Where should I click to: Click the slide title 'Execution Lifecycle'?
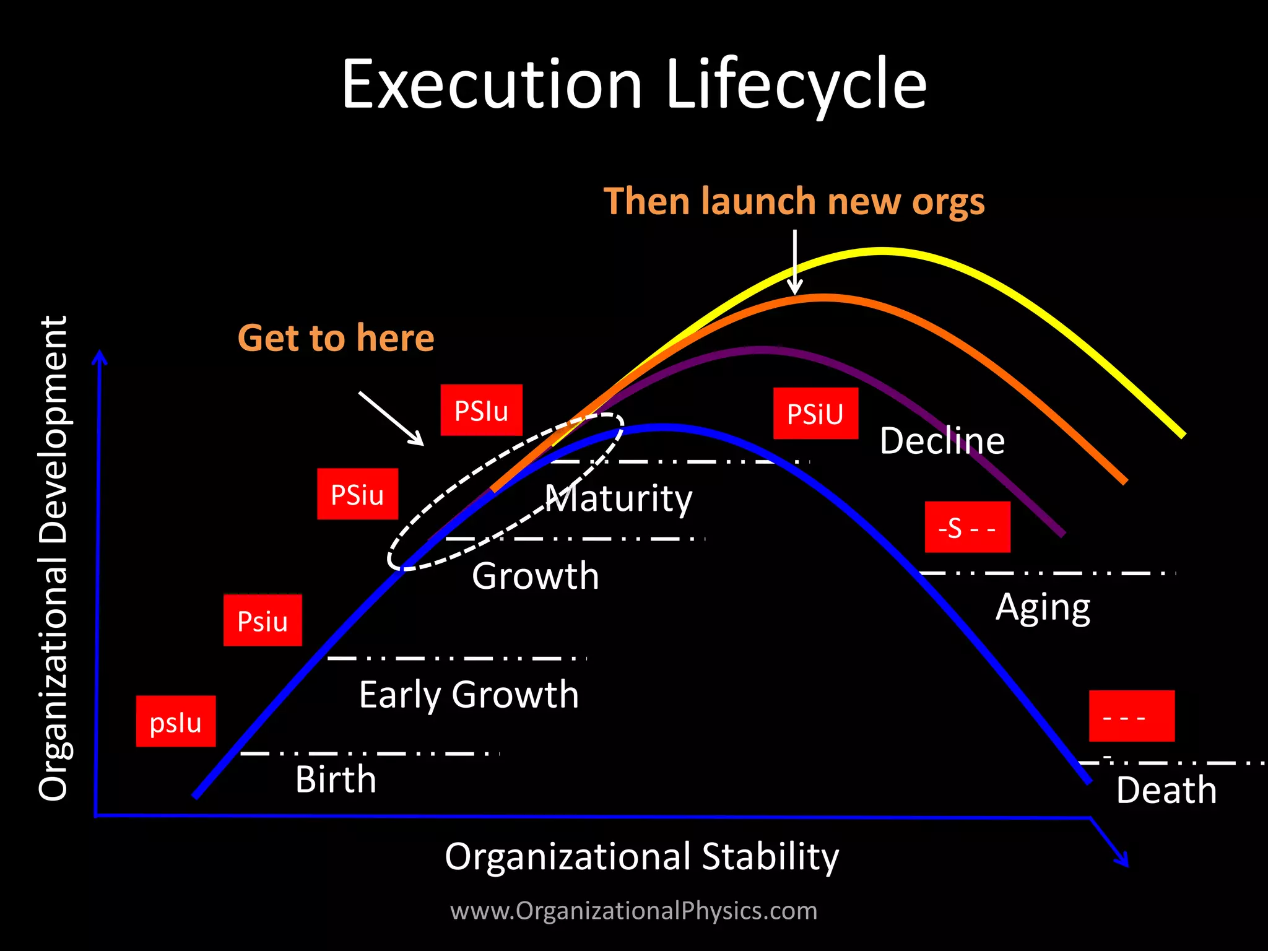click(634, 84)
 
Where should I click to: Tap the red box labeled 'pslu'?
click(176, 721)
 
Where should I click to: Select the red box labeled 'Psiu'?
click(263, 620)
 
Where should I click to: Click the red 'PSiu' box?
click(357, 494)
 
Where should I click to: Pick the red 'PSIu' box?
click(481, 410)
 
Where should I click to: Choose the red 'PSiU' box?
click(815, 414)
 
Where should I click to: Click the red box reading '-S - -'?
click(967, 528)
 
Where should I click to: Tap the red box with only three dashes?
click(1131, 716)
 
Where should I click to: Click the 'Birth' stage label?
click(336, 779)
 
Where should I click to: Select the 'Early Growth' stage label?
click(469, 694)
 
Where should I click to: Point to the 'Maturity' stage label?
click(619, 498)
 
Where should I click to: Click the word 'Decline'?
click(942, 441)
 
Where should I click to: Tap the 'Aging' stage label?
click(1043, 608)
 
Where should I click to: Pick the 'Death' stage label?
click(1166, 790)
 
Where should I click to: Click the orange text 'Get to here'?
click(336, 338)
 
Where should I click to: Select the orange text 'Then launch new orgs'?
click(794, 202)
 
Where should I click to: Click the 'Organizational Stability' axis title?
click(641, 856)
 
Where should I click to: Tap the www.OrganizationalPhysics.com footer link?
click(633, 911)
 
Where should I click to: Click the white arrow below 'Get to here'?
click(391, 418)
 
